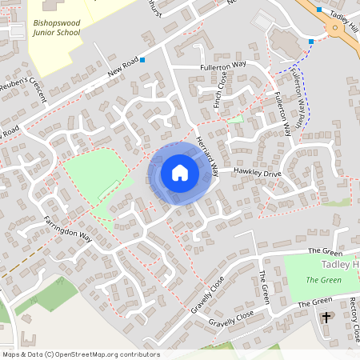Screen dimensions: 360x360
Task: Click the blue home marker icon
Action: coord(180,173)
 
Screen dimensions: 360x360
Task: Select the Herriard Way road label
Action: coord(207,152)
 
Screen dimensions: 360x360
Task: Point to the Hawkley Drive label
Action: coord(258,172)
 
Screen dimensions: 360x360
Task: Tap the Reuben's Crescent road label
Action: coord(23,88)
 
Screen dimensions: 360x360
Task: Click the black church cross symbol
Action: coord(326,318)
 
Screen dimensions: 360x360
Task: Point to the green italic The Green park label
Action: coord(324,280)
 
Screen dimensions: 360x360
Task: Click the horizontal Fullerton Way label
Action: coord(222,68)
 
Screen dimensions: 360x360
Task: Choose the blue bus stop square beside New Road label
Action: coord(142,60)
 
